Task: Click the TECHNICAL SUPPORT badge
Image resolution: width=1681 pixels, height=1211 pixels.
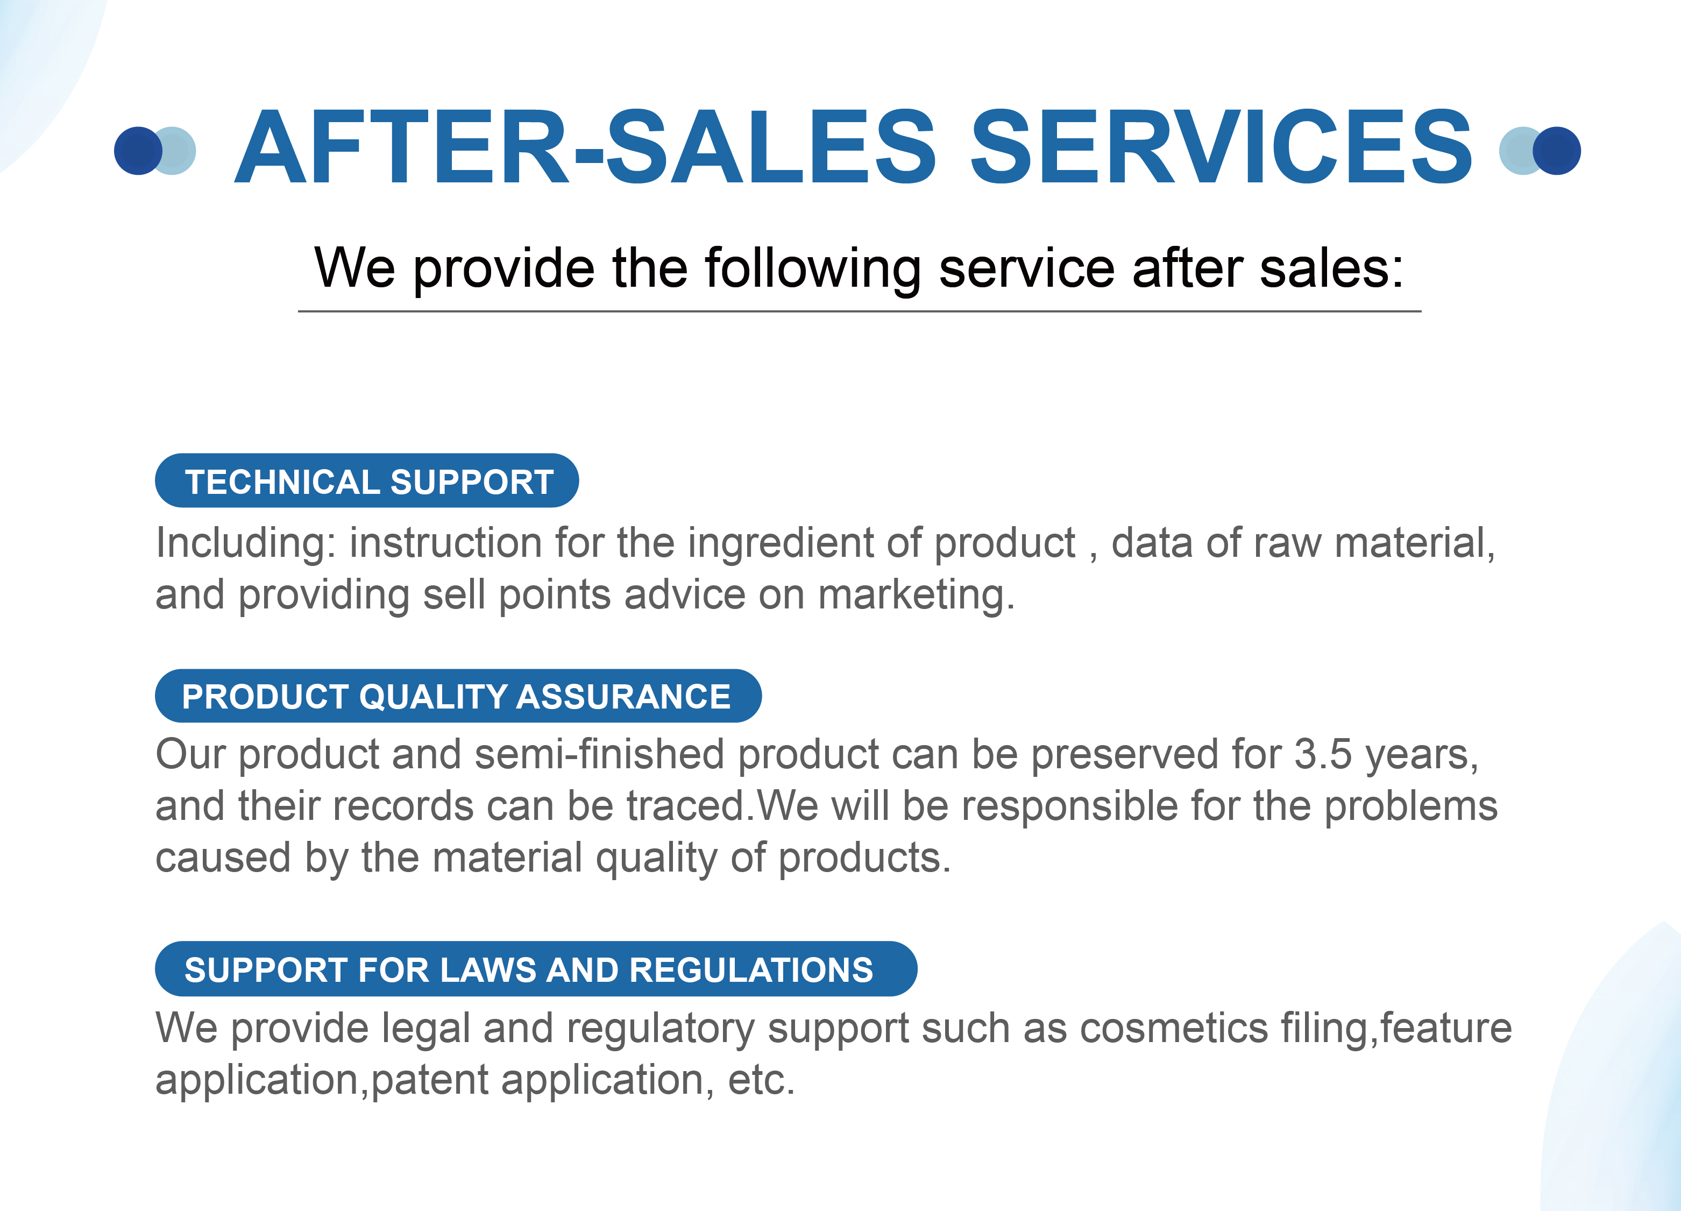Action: point(367,480)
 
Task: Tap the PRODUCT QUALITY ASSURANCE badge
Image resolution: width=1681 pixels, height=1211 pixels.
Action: point(458,696)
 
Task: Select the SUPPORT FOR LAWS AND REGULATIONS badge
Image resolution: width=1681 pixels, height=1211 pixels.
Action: point(536,969)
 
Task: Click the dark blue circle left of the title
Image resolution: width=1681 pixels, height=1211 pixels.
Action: point(138,151)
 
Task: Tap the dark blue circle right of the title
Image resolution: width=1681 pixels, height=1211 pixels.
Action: point(1557,151)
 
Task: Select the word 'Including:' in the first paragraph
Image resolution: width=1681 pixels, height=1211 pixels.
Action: point(246,543)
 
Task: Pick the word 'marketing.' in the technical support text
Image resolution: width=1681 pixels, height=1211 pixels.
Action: point(916,595)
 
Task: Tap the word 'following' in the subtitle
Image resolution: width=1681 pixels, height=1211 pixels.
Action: point(813,268)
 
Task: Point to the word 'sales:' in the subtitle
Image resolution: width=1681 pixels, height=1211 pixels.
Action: point(1332,268)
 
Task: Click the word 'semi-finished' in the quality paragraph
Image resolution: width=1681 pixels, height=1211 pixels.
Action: point(599,754)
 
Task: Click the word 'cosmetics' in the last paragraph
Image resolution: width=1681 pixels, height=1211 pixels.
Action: point(1174,1029)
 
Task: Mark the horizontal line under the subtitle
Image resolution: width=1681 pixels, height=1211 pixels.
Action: point(860,311)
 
